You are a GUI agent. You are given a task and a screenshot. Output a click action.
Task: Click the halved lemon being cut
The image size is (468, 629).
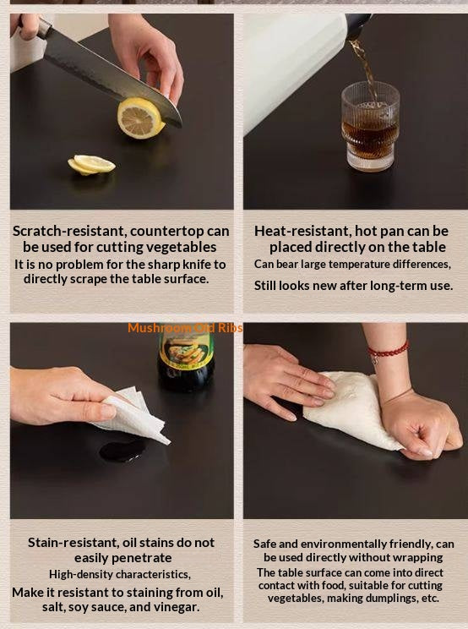(x=140, y=118)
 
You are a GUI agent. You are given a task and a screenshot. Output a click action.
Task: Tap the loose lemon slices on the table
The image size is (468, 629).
(x=91, y=165)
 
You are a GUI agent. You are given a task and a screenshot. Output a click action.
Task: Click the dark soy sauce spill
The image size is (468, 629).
(x=121, y=451)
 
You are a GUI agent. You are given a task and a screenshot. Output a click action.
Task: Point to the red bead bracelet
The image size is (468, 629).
(x=388, y=350)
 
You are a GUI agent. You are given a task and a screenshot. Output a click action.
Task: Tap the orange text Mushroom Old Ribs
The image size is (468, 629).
(x=185, y=328)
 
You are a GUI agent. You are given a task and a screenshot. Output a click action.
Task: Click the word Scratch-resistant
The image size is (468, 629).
(x=69, y=231)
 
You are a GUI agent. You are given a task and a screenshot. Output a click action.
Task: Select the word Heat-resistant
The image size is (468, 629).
(x=303, y=231)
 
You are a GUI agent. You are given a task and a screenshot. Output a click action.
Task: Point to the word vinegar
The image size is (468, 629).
(x=176, y=607)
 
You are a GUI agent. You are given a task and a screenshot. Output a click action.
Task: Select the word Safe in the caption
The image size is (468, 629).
(x=265, y=544)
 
